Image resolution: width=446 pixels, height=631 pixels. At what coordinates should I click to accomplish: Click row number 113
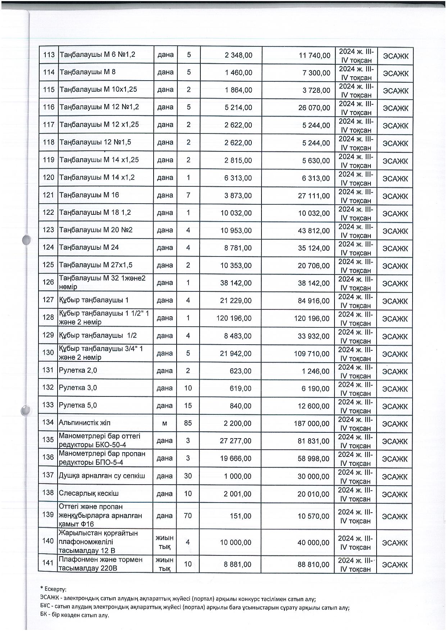[x=48, y=55]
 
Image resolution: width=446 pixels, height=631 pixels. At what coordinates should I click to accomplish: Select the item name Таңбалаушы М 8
[x=87, y=72]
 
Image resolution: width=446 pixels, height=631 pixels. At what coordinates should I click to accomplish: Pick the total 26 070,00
[x=314, y=108]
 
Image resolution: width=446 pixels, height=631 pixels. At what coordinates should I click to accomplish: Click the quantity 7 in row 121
[x=188, y=195]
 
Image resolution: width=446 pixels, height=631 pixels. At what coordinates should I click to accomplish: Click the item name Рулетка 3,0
[x=78, y=388]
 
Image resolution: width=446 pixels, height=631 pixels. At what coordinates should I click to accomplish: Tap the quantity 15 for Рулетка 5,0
[x=188, y=406]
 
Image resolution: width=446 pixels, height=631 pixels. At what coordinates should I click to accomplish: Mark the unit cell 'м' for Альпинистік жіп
[x=165, y=423]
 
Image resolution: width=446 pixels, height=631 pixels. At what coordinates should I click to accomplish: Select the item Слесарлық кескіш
[x=88, y=493]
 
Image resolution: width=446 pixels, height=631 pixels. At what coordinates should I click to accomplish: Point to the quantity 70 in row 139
[x=188, y=516]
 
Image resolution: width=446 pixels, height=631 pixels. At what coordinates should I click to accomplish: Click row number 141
[x=48, y=563]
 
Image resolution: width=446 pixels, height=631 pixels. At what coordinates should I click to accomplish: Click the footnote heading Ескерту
[x=55, y=589]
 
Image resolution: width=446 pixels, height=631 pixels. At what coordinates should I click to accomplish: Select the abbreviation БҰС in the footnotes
[x=46, y=607]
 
